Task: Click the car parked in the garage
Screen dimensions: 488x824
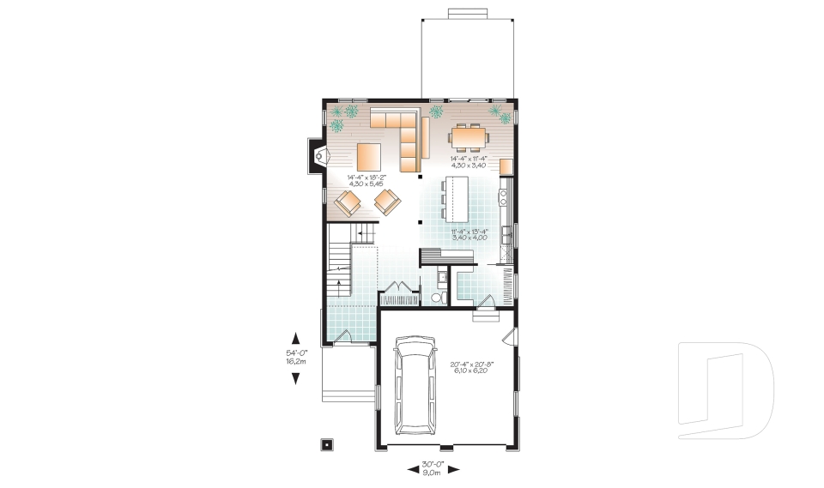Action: click(414, 383)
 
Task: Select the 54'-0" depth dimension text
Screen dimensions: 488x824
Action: click(296, 357)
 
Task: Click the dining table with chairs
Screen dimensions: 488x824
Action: click(469, 136)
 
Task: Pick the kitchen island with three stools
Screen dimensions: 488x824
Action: click(454, 198)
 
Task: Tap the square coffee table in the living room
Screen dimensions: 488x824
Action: click(370, 156)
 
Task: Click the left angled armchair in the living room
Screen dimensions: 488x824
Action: click(349, 203)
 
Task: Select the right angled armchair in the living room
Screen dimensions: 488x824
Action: click(388, 202)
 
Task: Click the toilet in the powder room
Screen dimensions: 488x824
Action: click(436, 297)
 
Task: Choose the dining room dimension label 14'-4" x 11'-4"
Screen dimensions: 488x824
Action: click(469, 161)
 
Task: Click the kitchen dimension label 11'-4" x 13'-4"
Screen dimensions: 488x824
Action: click(469, 233)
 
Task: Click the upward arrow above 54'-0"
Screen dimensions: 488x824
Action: click(296, 337)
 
